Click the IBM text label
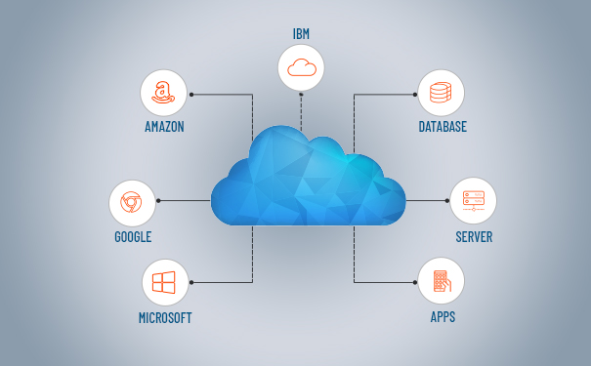(x=301, y=34)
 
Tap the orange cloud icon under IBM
(x=302, y=67)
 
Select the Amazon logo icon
(x=163, y=93)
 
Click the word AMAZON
(x=164, y=127)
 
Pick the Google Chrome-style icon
(x=131, y=202)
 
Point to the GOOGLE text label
(x=133, y=237)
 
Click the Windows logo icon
(x=163, y=282)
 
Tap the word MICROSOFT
(x=165, y=318)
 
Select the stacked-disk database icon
(x=441, y=93)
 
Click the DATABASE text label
(x=443, y=127)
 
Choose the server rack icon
(x=474, y=201)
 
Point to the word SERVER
(x=474, y=237)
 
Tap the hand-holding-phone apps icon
(x=443, y=281)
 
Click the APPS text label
(x=443, y=317)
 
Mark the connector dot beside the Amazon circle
(x=191, y=95)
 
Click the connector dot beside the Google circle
(x=158, y=201)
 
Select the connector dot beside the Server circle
(x=447, y=201)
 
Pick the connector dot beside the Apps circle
(x=415, y=282)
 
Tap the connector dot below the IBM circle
(x=301, y=94)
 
